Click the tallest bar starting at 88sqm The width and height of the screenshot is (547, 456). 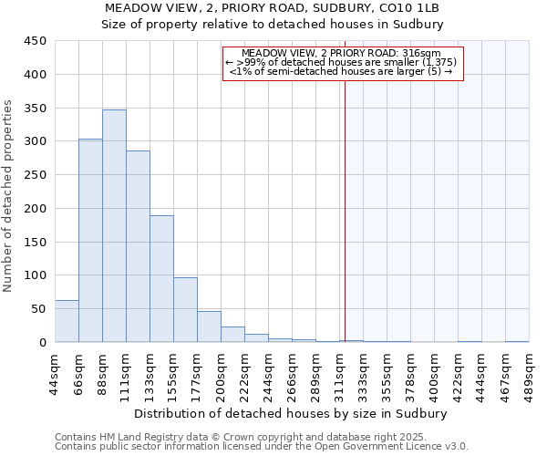pyautogui.click(x=114, y=226)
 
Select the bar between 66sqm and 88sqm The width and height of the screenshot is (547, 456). pyautogui.click(x=90, y=241)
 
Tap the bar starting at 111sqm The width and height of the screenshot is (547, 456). pyautogui.click(x=138, y=246)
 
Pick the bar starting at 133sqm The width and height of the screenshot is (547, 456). pyautogui.click(x=161, y=279)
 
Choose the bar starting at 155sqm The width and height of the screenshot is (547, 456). pyautogui.click(x=185, y=310)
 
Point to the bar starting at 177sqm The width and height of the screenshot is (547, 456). pyautogui.click(x=209, y=326)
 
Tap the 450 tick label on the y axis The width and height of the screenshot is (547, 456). pyautogui.click(x=35, y=41)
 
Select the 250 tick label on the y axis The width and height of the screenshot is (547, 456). pyautogui.click(x=35, y=175)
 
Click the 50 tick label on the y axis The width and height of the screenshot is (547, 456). pyautogui.click(x=38, y=309)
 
